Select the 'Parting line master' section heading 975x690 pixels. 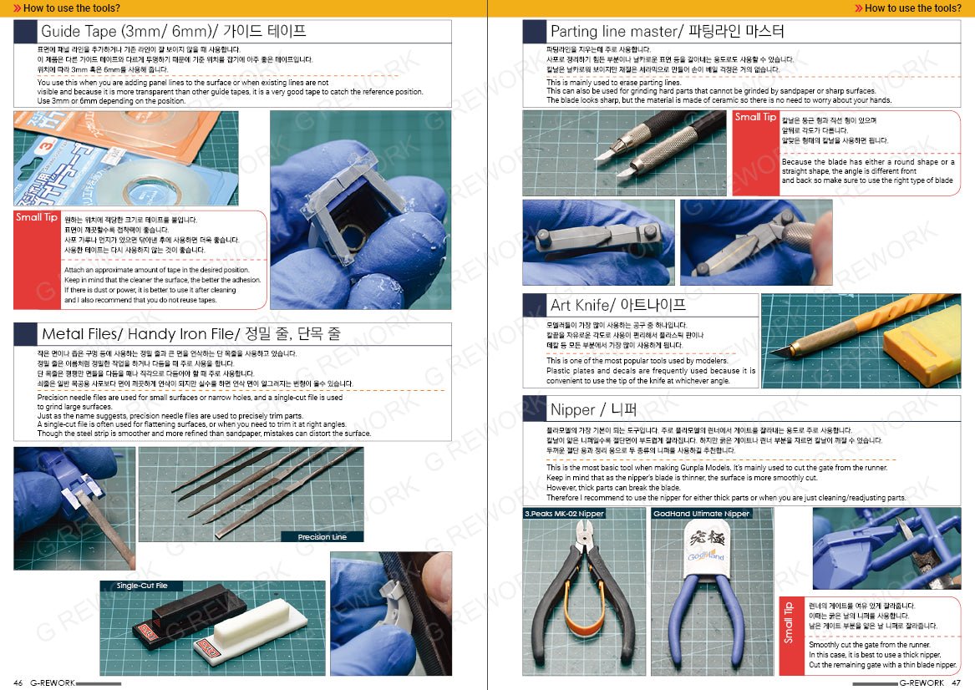667,32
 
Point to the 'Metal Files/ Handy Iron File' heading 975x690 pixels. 191,334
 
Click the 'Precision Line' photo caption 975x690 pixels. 322,537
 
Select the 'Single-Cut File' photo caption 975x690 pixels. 142,586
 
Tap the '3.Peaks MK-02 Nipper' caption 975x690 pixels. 564,514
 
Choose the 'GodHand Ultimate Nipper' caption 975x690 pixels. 701,514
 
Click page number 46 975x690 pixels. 18,682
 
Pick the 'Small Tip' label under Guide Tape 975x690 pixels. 36,218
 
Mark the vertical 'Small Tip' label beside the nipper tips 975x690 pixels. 788,623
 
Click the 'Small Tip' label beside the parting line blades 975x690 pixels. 754,118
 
